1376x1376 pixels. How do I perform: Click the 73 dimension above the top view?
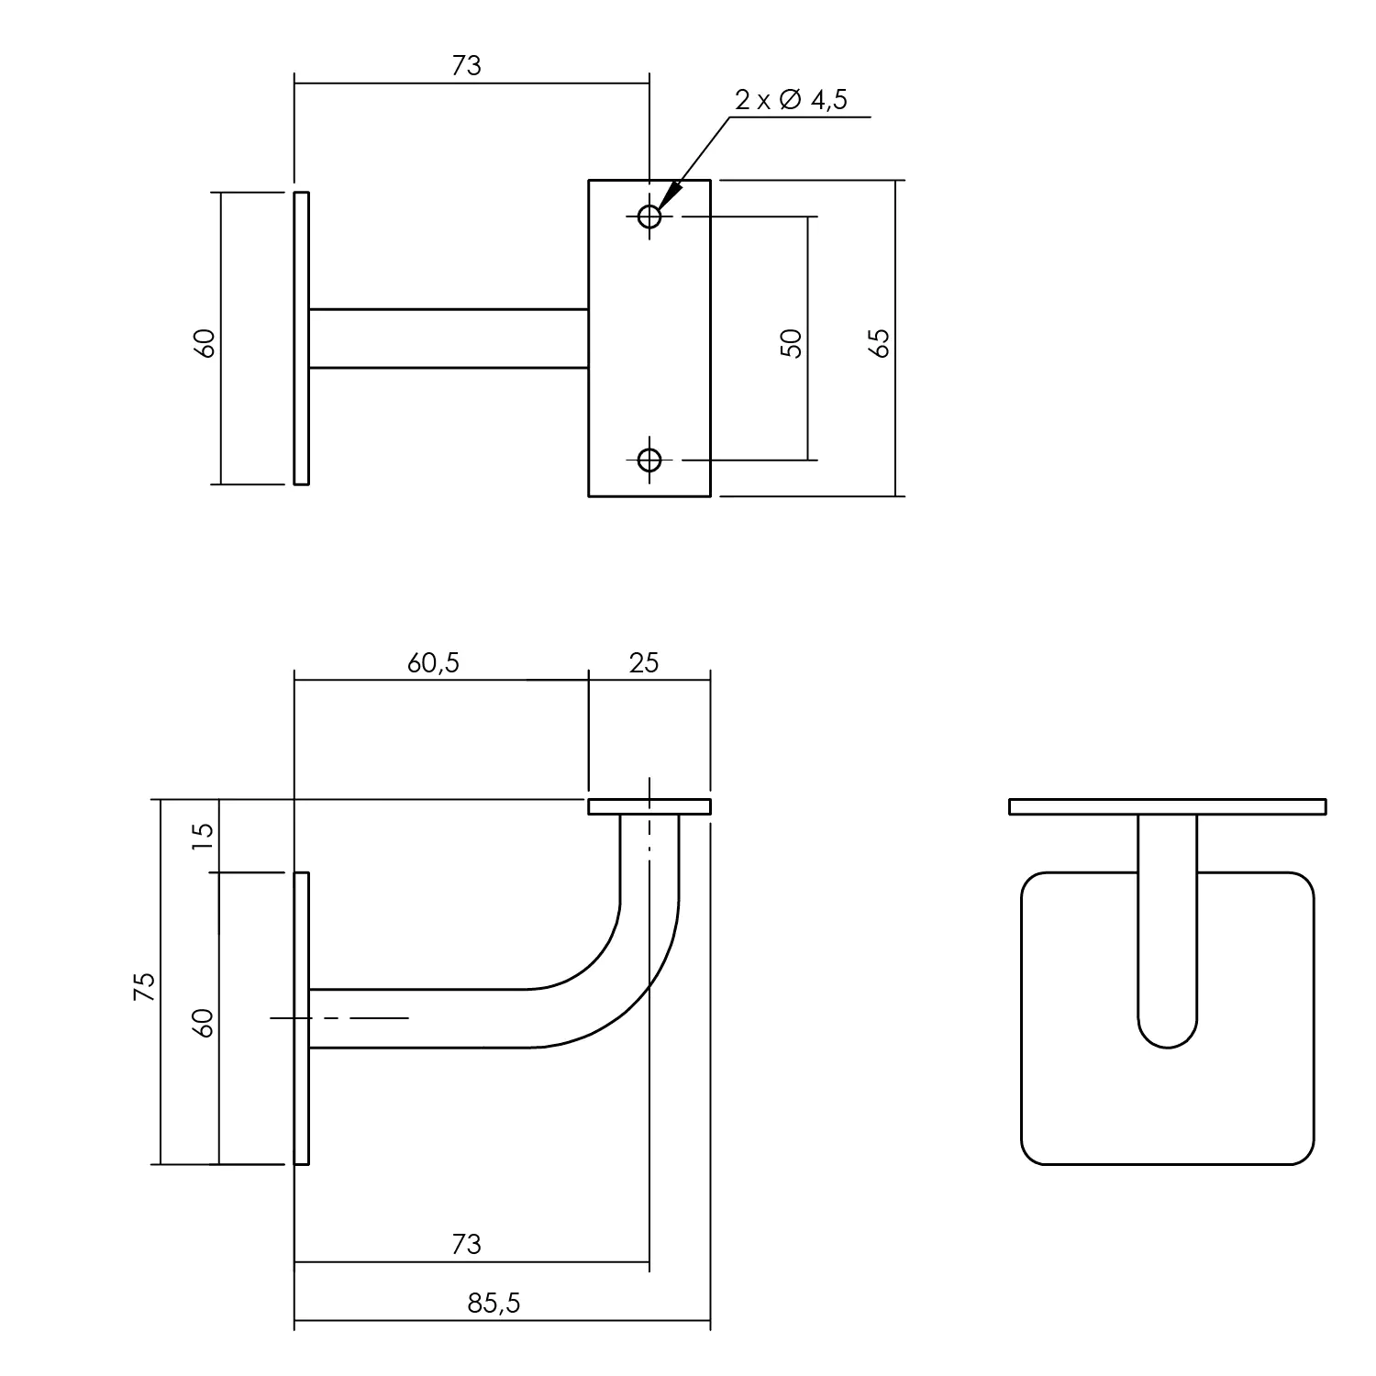[x=466, y=66]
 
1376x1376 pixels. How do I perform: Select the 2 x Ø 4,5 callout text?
[x=790, y=100]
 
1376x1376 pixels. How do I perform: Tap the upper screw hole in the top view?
[x=649, y=217]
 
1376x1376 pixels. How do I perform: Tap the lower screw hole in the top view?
[x=649, y=459]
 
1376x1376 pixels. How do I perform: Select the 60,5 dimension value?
[x=433, y=662]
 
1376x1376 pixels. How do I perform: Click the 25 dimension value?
[x=644, y=662]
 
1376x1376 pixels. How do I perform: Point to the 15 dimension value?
[x=203, y=835]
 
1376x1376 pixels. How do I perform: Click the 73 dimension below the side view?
[x=466, y=1245]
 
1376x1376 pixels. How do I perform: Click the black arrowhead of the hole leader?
[x=670, y=194]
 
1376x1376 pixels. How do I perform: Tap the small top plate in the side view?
[x=649, y=807]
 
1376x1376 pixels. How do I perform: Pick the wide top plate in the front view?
[x=1168, y=807]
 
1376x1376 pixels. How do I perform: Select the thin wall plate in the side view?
[x=302, y=1018]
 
